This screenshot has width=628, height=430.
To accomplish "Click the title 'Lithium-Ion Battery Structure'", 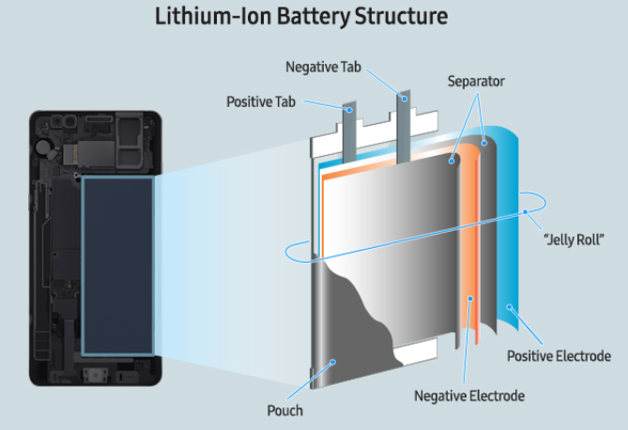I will click(x=314, y=17).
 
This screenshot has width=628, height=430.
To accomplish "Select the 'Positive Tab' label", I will click(x=263, y=100).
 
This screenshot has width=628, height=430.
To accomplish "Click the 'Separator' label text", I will click(x=476, y=82).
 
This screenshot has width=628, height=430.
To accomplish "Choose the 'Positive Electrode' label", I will click(x=559, y=356).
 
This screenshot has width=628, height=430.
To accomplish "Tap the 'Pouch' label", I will click(x=285, y=410).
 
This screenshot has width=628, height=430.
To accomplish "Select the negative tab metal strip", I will click(x=405, y=122).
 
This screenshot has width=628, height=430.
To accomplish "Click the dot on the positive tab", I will click(x=351, y=111).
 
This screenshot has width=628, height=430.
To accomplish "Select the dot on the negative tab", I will click(x=405, y=97).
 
